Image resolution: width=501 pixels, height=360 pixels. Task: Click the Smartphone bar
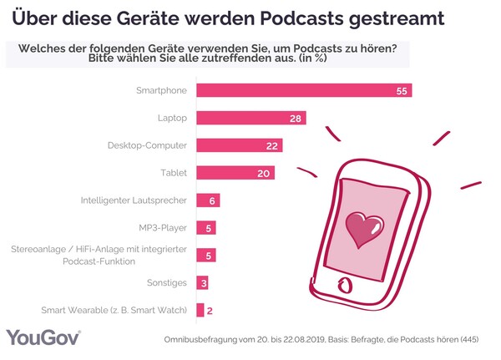pos(303,90)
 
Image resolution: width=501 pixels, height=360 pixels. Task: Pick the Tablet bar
pos(235,173)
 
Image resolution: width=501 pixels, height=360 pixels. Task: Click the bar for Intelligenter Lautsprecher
pos(207,200)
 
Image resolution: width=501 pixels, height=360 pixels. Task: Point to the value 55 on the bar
pos(402,91)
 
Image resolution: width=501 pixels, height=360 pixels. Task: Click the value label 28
pos(296,119)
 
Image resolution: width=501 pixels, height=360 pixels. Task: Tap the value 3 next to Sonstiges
pos(203,283)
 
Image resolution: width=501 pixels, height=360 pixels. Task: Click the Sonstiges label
pos(167,283)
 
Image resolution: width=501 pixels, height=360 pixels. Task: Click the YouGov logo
pos(43,337)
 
